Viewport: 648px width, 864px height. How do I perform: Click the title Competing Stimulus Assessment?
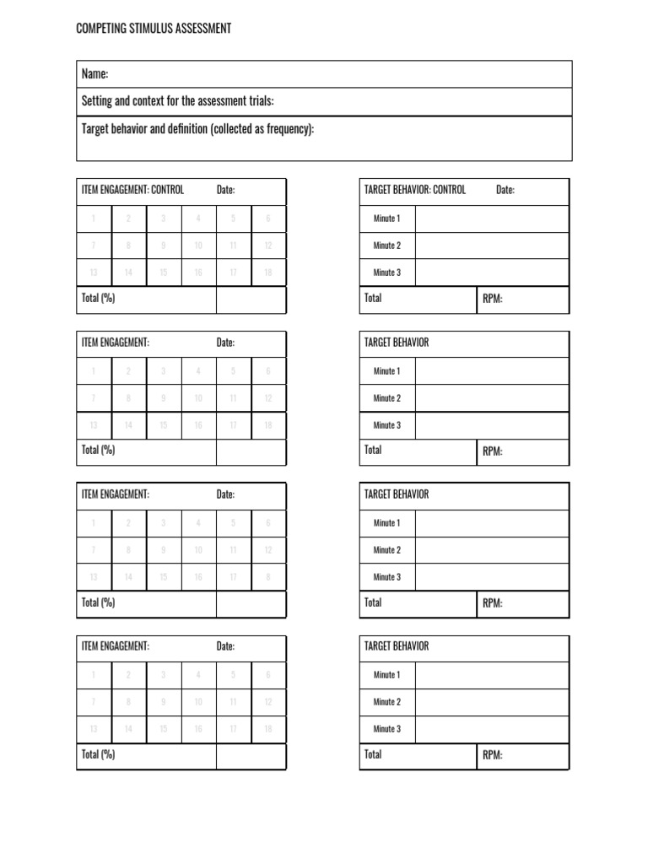click(153, 30)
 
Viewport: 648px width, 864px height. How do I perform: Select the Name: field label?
click(94, 74)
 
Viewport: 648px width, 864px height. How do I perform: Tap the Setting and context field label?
click(177, 101)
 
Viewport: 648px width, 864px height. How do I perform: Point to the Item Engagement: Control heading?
click(132, 190)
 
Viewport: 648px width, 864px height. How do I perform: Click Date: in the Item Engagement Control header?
click(225, 190)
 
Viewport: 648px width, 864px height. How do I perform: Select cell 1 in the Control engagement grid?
click(94, 219)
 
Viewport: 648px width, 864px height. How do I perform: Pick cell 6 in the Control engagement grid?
click(267, 219)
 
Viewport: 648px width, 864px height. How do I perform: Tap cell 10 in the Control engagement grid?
click(198, 246)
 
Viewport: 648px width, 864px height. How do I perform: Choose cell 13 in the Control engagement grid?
click(94, 273)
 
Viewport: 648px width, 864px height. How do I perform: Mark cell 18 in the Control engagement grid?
click(267, 273)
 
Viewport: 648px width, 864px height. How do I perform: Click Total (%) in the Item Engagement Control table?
click(98, 299)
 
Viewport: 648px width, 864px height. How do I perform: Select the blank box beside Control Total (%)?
click(251, 300)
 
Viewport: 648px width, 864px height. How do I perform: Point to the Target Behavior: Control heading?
click(414, 190)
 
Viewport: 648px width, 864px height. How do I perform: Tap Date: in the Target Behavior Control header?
click(505, 190)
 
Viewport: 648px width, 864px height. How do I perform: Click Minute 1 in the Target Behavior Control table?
click(387, 219)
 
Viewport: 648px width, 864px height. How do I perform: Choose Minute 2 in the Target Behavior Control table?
click(387, 246)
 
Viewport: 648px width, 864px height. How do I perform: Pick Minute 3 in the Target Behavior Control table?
click(387, 273)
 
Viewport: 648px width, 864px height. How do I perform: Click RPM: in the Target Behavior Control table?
click(493, 300)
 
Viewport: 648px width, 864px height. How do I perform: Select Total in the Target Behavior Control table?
click(373, 299)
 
